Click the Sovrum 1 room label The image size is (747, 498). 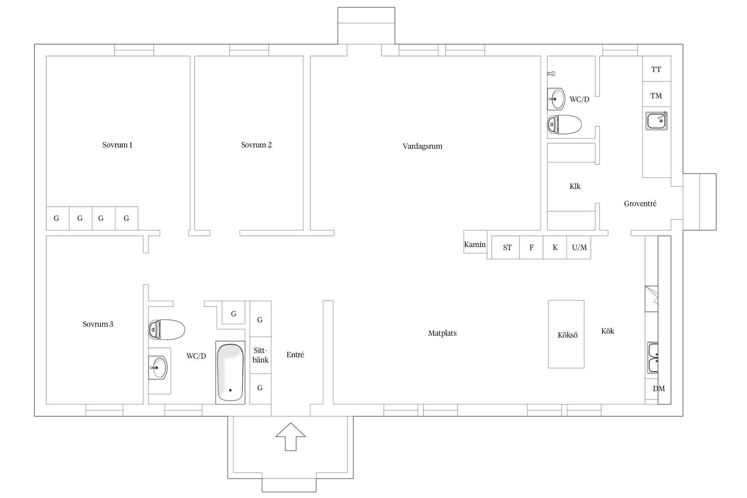pyautogui.click(x=117, y=145)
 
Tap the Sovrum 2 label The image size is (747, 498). pyautogui.click(x=256, y=145)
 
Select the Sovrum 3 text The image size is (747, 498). pyautogui.click(x=98, y=324)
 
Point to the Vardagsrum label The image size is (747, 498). pyautogui.click(x=422, y=147)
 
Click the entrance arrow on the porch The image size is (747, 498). pyautogui.click(x=291, y=437)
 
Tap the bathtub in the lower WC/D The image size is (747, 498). pyautogui.click(x=230, y=373)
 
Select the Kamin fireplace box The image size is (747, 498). pyautogui.click(x=475, y=242)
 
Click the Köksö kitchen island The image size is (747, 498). pyautogui.click(x=566, y=334)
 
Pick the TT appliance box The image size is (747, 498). pyautogui.click(x=656, y=69)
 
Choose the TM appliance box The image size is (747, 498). pyautogui.click(x=656, y=95)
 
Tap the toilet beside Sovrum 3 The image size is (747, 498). pyautogui.click(x=167, y=330)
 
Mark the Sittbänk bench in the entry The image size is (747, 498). pyautogui.click(x=260, y=355)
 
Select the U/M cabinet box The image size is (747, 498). pyautogui.click(x=579, y=247)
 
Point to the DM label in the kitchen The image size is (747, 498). pyautogui.click(x=659, y=388)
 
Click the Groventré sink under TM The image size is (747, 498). pyautogui.click(x=656, y=121)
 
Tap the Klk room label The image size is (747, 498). pyautogui.click(x=575, y=186)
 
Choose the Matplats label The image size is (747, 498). pyautogui.click(x=442, y=333)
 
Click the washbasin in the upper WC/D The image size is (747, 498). pyautogui.click(x=556, y=99)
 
